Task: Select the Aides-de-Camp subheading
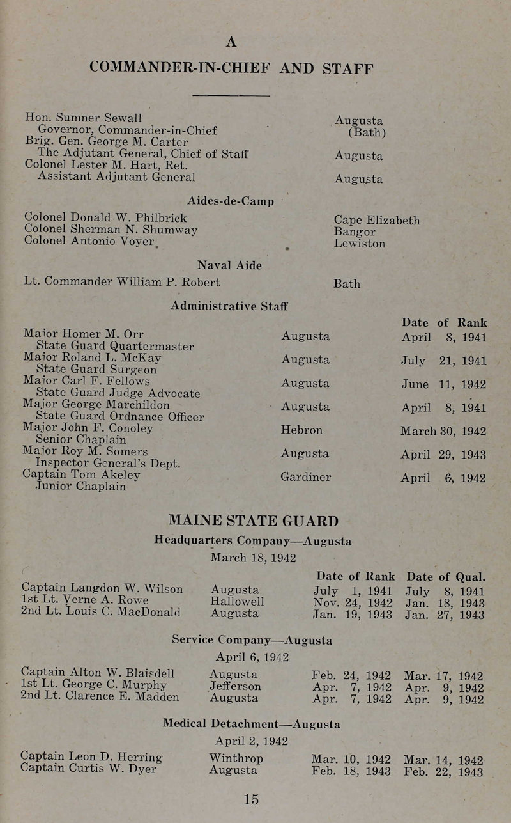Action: [x=231, y=201]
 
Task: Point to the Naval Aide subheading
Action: [x=229, y=265]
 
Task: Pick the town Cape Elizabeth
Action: [x=377, y=220]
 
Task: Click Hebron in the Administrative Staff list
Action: [x=301, y=430]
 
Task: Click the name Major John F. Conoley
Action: [x=88, y=428]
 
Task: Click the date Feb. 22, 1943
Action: [x=444, y=770]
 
